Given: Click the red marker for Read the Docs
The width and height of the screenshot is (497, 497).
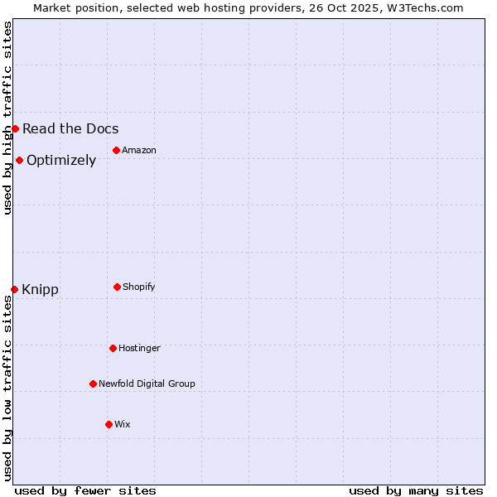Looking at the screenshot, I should [x=15, y=128].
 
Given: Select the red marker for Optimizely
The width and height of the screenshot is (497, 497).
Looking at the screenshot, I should [x=19, y=160].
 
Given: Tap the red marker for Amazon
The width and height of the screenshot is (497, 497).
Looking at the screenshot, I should [x=116, y=150].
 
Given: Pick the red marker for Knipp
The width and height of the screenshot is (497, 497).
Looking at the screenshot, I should [x=14, y=289].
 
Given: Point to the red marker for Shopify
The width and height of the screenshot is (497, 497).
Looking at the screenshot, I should [x=117, y=287].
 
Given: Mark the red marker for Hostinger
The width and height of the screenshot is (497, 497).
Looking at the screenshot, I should [x=113, y=348].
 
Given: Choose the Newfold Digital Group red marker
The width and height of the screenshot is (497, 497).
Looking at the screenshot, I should [x=93, y=384].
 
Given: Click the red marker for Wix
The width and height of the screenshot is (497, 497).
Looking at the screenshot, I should [x=109, y=424].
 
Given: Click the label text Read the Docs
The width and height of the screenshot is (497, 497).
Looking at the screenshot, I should [x=70, y=128].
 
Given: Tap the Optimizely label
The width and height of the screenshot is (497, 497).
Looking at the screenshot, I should [x=61, y=161].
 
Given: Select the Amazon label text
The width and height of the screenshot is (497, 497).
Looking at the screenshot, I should [x=139, y=150].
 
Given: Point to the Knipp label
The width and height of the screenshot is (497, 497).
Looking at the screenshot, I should [x=40, y=290].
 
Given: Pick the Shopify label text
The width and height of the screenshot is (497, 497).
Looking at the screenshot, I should [x=139, y=287].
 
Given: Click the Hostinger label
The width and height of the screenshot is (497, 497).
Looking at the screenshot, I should [x=139, y=348].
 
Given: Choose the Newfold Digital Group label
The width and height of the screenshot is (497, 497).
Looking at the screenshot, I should [x=147, y=384].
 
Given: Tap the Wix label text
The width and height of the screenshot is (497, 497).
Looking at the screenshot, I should [x=123, y=424].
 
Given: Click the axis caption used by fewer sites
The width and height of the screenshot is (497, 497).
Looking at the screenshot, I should [x=85, y=490].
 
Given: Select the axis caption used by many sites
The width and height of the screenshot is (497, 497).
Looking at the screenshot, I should [x=416, y=490].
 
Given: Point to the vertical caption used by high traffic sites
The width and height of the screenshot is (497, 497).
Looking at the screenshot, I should [x=7, y=118].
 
